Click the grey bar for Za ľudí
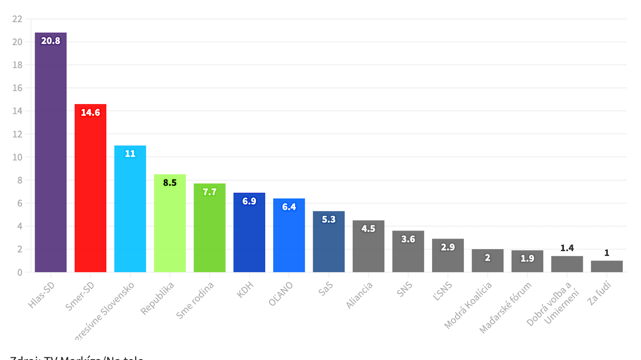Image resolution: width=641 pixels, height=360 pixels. pos(607,266)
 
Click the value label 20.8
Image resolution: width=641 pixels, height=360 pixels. pos(50,41)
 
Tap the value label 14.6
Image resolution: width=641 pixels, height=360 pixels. pos(90,112)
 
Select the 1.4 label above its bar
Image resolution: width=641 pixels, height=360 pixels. pos(567,248)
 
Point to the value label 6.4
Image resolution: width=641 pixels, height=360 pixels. pos(289,207)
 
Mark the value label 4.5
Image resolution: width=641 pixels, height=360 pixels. pos(368,229)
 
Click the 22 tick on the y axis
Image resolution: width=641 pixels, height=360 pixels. pos(17,19)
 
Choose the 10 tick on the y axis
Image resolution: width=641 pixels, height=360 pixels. pos(17,157)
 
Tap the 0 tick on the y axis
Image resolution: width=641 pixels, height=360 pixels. pos(20,272)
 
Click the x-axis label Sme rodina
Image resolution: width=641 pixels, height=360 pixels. pos(195,300)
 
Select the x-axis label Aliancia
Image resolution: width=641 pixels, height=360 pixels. pos(359,295)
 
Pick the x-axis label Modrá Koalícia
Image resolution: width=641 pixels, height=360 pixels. pos(468,305)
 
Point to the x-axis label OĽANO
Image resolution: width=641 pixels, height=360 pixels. pos(281,294)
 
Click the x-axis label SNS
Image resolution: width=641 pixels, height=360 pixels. pos(404,289)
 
